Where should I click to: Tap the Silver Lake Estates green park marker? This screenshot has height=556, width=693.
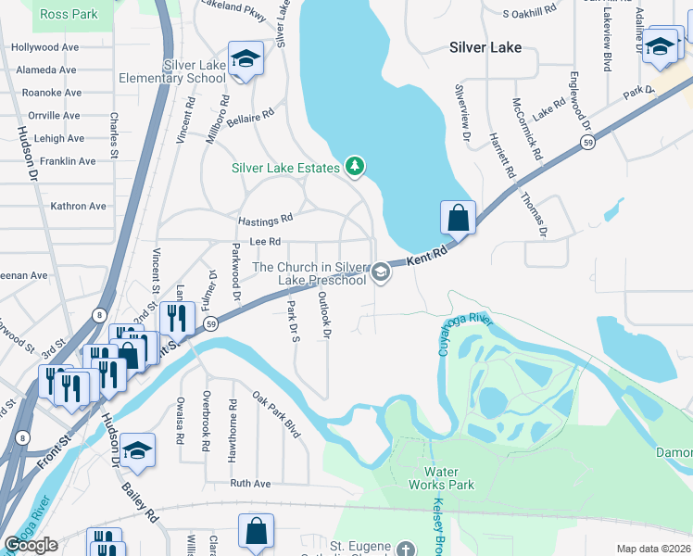tap(354, 167)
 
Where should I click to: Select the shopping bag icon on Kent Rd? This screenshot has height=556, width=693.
tap(458, 220)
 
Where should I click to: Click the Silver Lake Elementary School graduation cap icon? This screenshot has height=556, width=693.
tap(246, 59)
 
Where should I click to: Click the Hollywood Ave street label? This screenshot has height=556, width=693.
tap(44, 47)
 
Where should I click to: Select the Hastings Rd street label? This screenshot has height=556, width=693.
tap(265, 220)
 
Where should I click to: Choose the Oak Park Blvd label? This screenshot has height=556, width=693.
tap(277, 413)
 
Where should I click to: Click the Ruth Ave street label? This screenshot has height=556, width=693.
tap(250, 484)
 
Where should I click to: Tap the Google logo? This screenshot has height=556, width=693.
tap(31, 545)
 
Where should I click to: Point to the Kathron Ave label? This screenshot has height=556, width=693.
tap(79, 207)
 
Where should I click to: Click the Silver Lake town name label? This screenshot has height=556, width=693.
tap(485, 47)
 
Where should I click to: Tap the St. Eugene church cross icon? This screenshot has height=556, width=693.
tap(405, 549)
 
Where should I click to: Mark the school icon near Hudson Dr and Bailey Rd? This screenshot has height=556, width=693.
tap(137, 450)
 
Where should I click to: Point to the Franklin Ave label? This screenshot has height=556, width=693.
tap(66, 161)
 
